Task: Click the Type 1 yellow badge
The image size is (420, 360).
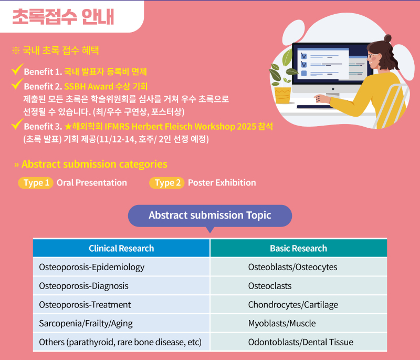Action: pyautogui.click(x=36, y=183)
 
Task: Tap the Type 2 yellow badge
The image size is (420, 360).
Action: pyautogui.click(x=166, y=183)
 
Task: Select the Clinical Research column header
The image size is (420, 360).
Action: pyautogui.click(x=121, y=248)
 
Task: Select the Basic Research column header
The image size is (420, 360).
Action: pyautogui.click(x=299, y=248)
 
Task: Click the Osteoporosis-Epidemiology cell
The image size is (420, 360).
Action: pyautogui.click(x=121, y=267)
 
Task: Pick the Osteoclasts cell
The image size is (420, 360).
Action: pyautogui.click(x=299, y=286)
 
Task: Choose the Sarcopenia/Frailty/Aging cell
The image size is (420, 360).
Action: pyautogui.click(x=121, y=323)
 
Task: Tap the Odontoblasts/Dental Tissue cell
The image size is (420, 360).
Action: pyautogui.click(x=299, y=342)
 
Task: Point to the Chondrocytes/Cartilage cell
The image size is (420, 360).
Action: pyautogui.click(x=299, y=304)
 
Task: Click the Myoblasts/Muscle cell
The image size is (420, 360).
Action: pyautogui.click(x=299, y=323)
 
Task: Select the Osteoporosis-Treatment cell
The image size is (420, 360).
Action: pyautogui.click(x=121, y=304)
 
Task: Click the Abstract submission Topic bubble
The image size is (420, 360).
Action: pyautogui.click(x=210, y=216)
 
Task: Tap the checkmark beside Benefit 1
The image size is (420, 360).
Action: pyautogui.click(x=17, y=69)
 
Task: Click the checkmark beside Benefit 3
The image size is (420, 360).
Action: pyautogui.click(x=17, y=124)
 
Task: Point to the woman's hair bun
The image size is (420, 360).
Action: pyautogui.click(x=387, y=38)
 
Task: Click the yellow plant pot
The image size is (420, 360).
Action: pyautogui.click(x=282, y=95)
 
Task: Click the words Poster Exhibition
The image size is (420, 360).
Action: pyautogui.click(x=222, y=182)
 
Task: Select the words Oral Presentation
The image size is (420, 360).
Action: pyautogui.click(x=91, y=182)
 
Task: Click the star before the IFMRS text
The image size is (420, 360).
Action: pyautogui.click(x=68, y=126)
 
